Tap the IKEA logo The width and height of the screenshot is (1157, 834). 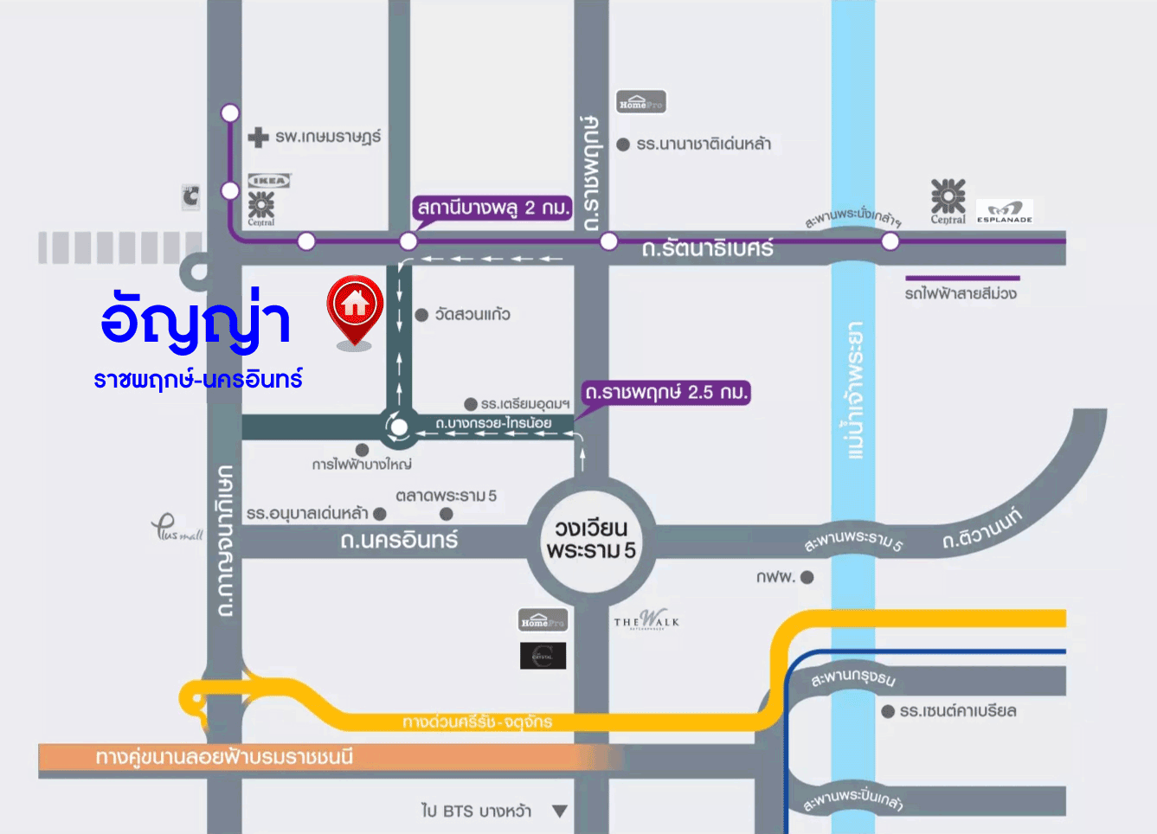point(269,181)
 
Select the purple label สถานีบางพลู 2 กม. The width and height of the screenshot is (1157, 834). point(493,208)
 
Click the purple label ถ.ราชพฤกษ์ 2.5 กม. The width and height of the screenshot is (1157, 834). point(665,393)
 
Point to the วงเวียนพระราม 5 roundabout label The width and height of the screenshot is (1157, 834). point(591,539)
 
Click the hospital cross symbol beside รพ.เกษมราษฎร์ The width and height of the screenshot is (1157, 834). point(258,138)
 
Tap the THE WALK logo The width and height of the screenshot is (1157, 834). point(646,619)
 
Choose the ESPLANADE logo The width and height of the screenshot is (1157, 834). point(1005,211)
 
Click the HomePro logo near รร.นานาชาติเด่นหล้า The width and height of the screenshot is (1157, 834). point(640,102)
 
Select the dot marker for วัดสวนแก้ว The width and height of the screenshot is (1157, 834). point(421,315)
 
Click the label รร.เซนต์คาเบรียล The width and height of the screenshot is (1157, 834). point(958,711)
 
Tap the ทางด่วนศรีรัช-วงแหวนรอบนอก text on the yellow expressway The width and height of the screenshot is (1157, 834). point(477,722)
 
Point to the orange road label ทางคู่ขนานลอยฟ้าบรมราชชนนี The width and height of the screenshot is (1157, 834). point(224,758)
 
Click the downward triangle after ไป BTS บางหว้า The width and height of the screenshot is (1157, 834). point(560,812)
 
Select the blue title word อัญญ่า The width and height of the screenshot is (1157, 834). point(196,320)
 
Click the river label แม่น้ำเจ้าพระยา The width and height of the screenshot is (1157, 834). point(854,390)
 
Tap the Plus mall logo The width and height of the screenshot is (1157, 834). point(177,527)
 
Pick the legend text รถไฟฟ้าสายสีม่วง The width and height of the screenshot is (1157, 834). point(961,294)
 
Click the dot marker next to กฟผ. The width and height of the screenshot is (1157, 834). point(807,577)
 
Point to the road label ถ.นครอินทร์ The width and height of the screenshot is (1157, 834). point(399,541)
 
